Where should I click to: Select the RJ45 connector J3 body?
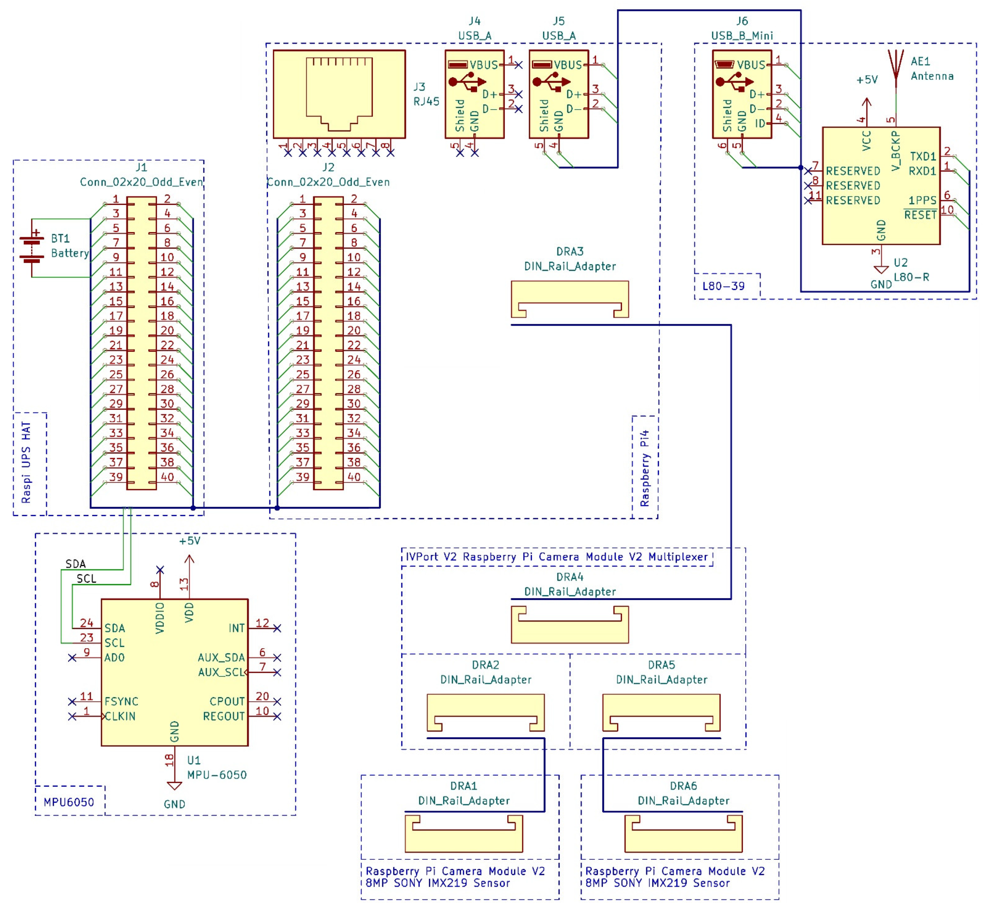tap(339, 94)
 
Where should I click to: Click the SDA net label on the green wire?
tap(75, 564)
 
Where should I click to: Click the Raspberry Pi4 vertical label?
tap(644, 468)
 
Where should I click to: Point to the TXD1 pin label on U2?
tap(922, 156)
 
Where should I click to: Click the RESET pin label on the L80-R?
tap(920, 215)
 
